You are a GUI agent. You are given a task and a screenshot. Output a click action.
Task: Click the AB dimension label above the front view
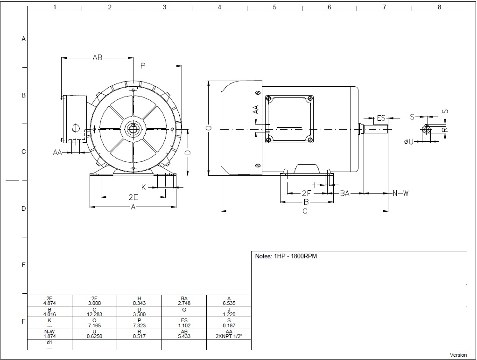tap(98, 57)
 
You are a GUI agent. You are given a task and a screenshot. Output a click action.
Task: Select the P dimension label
tap(143, 66)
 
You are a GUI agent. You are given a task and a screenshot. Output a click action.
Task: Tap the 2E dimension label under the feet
tap(133, 197)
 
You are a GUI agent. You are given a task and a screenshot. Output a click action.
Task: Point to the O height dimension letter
tap(209, 128)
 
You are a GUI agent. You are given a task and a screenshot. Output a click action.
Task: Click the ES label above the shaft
tap(381, 118)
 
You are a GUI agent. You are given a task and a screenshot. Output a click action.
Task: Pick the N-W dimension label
tap(400, 193)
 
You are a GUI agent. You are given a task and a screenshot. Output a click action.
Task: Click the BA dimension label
tap(344, 193)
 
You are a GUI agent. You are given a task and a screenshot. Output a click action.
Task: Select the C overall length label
tap(305, 211)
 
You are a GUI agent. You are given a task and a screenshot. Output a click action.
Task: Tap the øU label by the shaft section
tap(409, 141)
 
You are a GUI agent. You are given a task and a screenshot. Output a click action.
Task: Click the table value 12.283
tap(94, 314)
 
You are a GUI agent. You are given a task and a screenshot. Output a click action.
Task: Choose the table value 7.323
tap(140, 325)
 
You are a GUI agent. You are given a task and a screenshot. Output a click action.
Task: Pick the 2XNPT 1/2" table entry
tap(229, 336)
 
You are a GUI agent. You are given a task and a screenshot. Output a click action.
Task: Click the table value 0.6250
tap(94, 336)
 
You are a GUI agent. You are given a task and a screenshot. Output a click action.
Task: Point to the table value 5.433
tap(184, 336)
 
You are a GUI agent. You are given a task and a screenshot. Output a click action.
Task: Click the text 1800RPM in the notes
tap(304, 256)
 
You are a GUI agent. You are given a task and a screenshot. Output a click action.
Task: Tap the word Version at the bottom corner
tap(458, 355)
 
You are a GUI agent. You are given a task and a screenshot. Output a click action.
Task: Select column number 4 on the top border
tap(219, 7)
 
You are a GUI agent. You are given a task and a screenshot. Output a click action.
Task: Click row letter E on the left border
tap(23, 265)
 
